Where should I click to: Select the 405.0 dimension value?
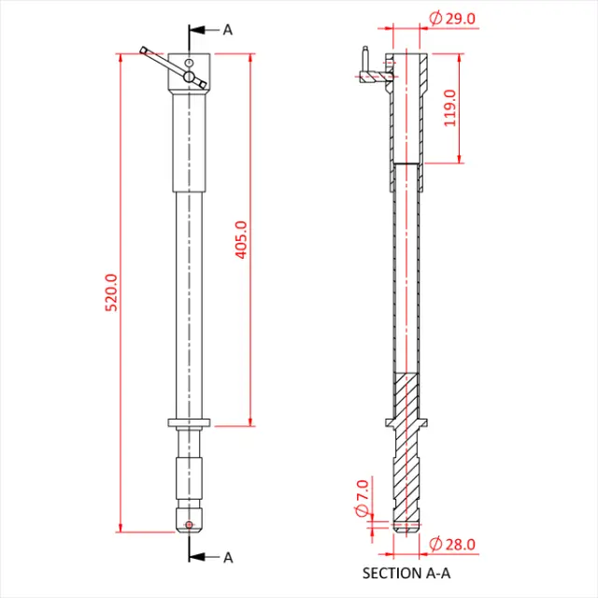241,239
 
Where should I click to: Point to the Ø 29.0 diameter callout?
451,18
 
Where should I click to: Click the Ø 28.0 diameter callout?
452,544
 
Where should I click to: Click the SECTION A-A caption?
405,573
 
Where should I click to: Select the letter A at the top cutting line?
227,30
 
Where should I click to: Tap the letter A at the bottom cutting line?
227,558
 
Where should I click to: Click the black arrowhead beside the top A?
197,30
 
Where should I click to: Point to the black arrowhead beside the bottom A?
197,558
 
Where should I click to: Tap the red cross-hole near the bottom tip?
190,524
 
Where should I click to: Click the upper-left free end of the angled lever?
144,49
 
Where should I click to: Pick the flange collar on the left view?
190,424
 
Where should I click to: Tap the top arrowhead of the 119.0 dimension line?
460,54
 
